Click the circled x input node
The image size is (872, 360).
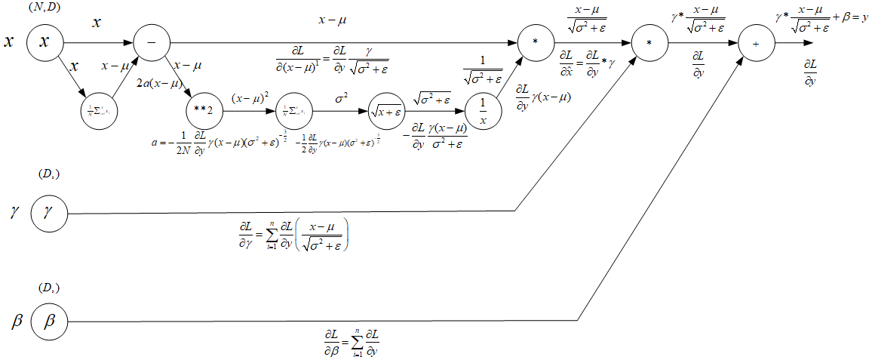[x=44, y=42]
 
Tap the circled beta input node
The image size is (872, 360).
[x=49, y=321]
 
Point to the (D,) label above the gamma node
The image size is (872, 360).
[x=49, y=175]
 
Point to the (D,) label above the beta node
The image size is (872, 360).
[x=49, y=288]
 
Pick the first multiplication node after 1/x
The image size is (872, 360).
[x=534, y=42]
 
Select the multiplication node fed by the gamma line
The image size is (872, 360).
[x=649, y=43]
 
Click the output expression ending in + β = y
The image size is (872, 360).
[x=822, y=20]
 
